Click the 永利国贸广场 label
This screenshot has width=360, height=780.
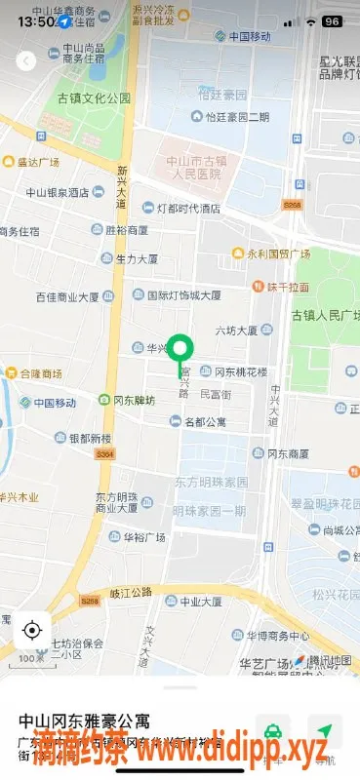[277, 253]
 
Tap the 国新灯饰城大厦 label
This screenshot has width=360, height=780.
[182, 294]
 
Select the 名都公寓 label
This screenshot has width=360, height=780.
[204, 422]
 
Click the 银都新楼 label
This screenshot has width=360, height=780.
[90, 439]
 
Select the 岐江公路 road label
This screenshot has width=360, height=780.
[132, 592]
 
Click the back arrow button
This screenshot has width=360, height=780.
[26, 60]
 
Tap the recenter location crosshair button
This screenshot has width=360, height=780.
[32, 630]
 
